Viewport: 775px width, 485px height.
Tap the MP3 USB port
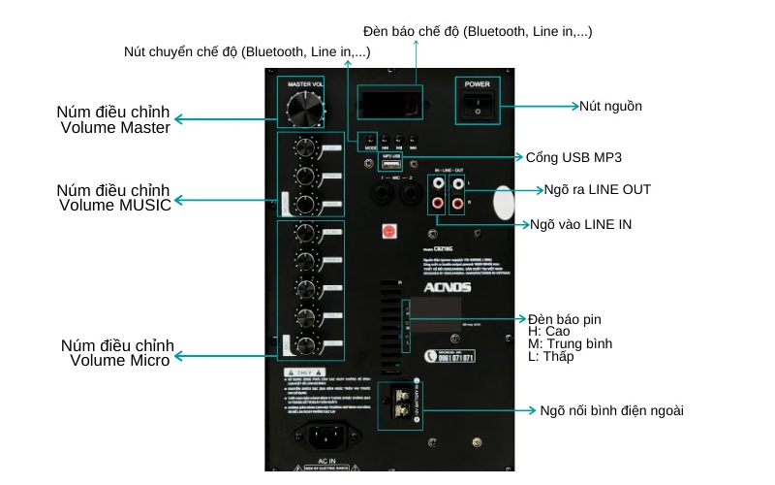click(x=390, y=165)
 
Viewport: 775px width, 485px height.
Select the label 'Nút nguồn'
click(x=610, y=106)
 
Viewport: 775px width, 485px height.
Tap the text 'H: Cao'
click(x=550, y=331)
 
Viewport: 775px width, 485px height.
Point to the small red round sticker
click(x=389, y=232)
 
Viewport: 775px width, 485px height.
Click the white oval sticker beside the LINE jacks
click(x=502, y=202)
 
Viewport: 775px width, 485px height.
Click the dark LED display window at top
click(x=389, y=99)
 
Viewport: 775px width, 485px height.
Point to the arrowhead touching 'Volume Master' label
click(x=178, y=119)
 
